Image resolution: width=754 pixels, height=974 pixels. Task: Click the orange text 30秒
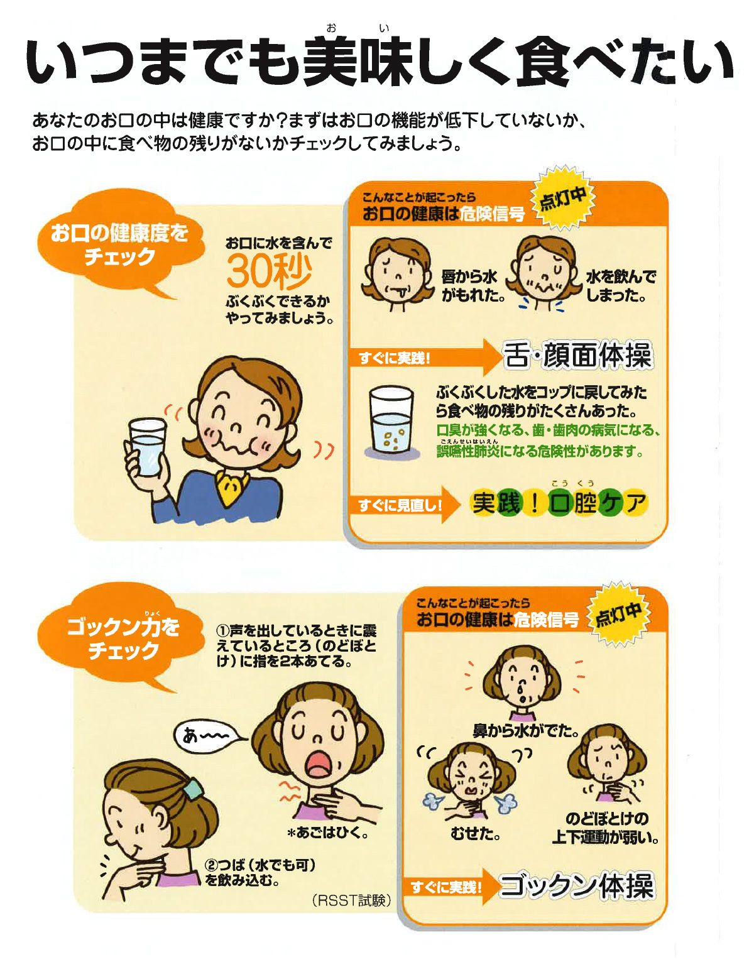[268, 271]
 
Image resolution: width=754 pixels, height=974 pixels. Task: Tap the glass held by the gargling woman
[147, 446]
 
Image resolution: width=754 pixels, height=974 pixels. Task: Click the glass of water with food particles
[391, 420]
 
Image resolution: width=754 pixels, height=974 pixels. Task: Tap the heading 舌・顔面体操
[577, 356]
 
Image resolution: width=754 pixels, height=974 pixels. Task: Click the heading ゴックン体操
[577, 885]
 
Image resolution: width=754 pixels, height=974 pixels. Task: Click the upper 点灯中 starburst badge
[563, 198]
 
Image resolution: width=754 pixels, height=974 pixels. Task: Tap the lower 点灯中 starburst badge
[619, 614]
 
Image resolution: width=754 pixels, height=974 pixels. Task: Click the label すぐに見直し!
[400, 505]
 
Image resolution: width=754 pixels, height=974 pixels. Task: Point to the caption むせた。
[476, 833]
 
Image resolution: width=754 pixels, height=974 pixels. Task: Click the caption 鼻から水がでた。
[525, 731]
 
